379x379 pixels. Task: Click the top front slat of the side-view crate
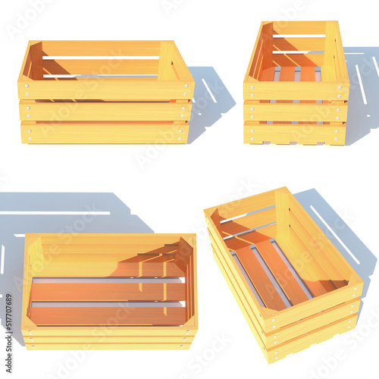click(x=106, y=89)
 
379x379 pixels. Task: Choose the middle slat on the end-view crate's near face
click(x=296, y=111)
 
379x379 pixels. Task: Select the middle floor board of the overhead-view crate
click(x=106, y=292)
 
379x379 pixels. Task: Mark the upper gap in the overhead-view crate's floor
click(x=106, y=280)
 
